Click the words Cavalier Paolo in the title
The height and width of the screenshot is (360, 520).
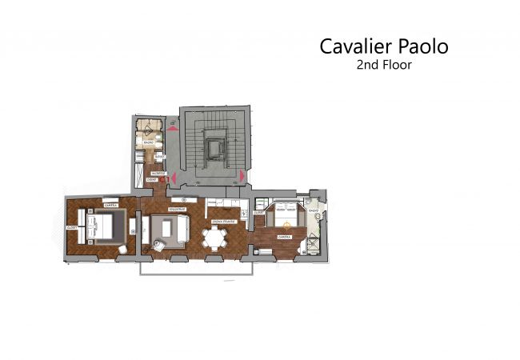pyautogui.click(x=384, y=46)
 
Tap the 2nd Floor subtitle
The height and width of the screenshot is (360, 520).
pyautogui.click(x=384, y=66)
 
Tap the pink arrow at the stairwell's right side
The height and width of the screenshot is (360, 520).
pyautogui.click(x=241, y=175)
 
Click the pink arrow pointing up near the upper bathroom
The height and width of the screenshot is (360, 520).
pyautogui.click(x=174, y=126)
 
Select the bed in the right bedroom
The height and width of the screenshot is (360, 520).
pyautogui.click(x=285, y=217)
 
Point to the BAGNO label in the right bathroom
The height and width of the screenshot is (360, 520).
pyautogui.click(x=313, y=212)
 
